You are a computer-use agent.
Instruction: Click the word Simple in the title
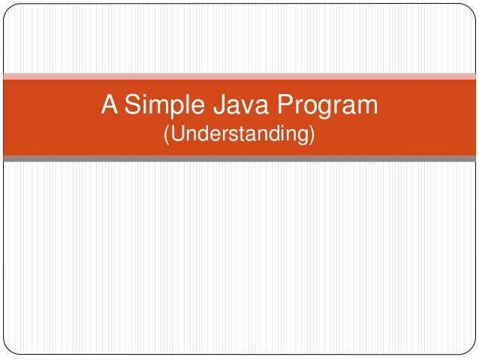[160, 107]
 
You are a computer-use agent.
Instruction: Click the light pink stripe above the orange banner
[240, 75]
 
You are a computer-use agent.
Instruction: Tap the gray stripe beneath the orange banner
[240, 159]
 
